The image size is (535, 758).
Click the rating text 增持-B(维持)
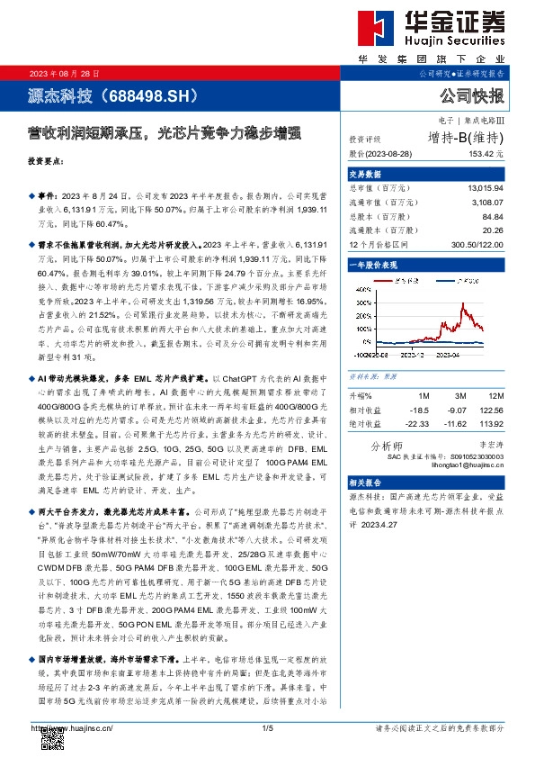(467, 138)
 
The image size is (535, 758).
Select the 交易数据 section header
(365, 174)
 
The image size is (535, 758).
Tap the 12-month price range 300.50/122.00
(477, 244)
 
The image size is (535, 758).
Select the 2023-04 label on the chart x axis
(451, 356)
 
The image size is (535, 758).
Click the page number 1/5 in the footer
(267, 727)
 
